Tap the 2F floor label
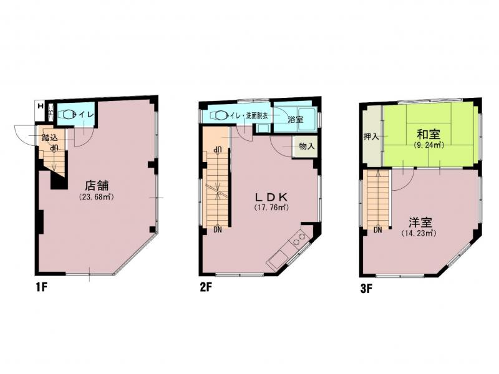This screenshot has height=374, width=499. [206, 289]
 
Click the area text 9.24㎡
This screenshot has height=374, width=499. [428, 145]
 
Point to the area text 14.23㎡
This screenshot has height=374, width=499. [418, 233]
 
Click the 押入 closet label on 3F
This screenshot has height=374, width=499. [371, 136]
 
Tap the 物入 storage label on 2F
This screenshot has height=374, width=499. [306, 146]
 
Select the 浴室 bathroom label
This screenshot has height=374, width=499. [295, 118]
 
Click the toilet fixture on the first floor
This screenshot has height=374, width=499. [66, 114]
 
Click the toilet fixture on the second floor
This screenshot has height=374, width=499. [220, 115]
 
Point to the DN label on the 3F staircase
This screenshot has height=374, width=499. [378, 229]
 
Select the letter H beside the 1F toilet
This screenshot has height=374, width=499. [41, 105]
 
